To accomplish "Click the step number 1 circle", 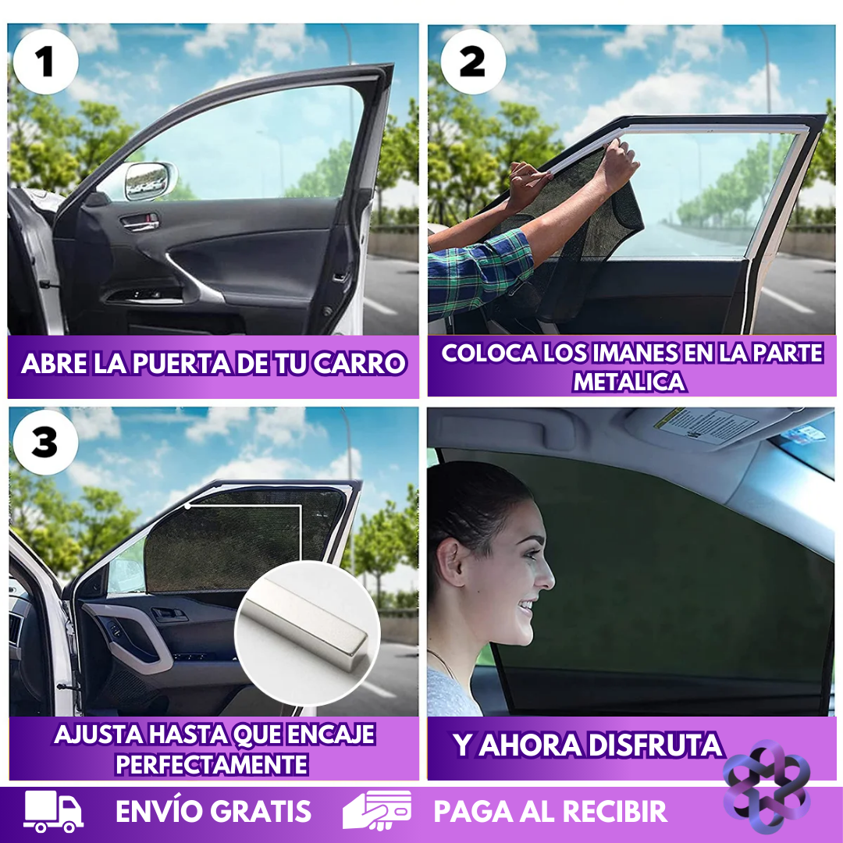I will [45, 62].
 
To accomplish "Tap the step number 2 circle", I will [473, 62].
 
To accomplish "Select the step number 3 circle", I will [45, 443].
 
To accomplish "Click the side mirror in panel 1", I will [148, 182].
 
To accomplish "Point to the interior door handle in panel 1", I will [140, 223].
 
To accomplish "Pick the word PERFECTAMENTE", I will [212, 763].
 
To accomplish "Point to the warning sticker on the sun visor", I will [704, 425].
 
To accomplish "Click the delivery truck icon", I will [53, 812].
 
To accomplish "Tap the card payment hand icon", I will [377, 812].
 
